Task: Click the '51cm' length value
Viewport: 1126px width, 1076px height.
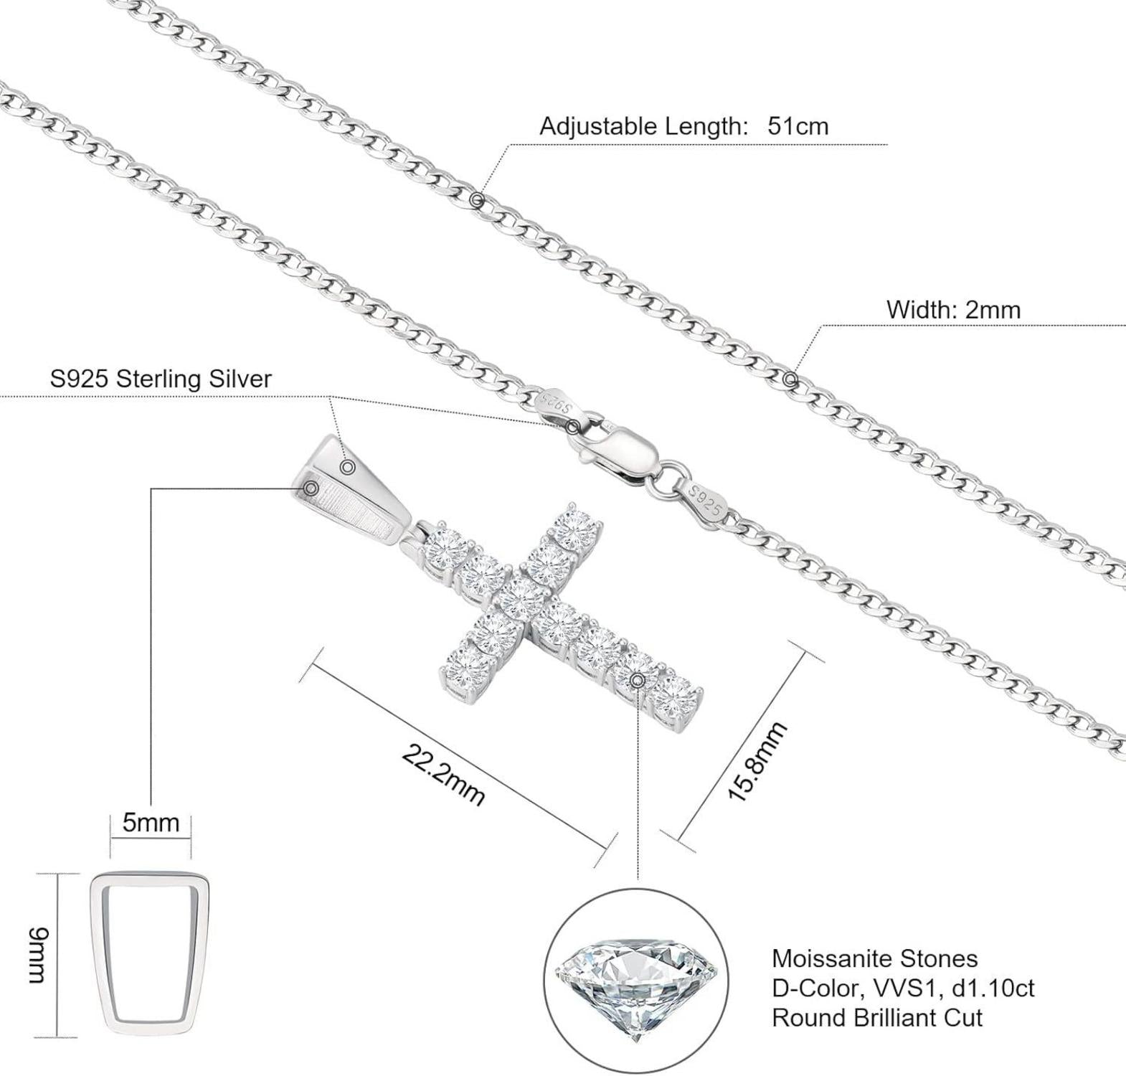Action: pyautogui.click(x=798, y=126)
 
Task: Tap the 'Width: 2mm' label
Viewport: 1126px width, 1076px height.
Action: pyautogui.click(x=953, y=310)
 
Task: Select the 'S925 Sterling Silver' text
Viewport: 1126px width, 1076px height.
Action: pyautogui.click(x=161, y=379)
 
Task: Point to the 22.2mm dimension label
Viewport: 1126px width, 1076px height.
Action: pyautogui.click(x=443, y=775)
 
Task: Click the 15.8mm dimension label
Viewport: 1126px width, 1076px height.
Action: pyautogui.click(x=757, y=761)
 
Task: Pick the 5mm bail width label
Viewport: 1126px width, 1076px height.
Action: pyautogui.click(x=151, y=822)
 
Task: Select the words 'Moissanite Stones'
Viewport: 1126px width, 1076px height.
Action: pyautogui.click(x=874, y=958)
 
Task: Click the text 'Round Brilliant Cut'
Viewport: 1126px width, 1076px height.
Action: pyautogui.click(x=876, y=1017)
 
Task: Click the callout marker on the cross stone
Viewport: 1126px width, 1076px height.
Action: pyautogui.click(x=637, y=679)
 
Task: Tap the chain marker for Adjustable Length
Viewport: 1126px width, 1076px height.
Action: pyautogui.click(x=478, y=200)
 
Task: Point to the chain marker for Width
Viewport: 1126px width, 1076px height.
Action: pyautogui.click(x=790, y=379)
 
